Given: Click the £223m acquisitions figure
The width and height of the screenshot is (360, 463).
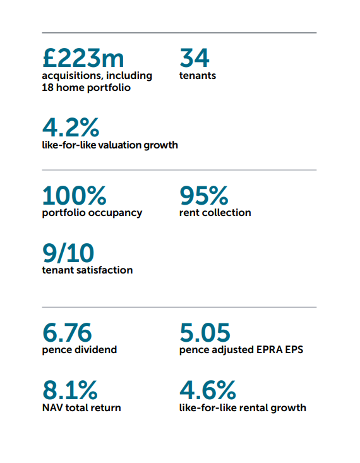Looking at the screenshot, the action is (x=83, y=58).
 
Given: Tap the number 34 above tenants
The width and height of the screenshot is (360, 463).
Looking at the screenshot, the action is (x=195, y=58).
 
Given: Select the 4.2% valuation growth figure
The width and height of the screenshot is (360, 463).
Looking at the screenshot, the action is (x=71, y=127).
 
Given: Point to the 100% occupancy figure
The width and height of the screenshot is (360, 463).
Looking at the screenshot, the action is (x=74, y=195).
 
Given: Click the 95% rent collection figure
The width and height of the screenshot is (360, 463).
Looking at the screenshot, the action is (x=204, y=195).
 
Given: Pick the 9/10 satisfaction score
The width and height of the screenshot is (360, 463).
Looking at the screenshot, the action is (x=68, y=253).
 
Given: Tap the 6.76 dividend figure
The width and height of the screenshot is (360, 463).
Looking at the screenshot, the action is (x=67, y=332).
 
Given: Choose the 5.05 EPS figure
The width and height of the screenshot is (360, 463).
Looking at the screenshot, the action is (x=205, y=332).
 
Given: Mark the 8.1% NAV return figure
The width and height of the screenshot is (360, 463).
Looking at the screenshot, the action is (x=70, y=390).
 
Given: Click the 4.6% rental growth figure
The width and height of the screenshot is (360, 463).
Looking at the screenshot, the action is (x=208, y=390).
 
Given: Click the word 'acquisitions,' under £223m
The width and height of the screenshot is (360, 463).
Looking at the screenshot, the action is (x=73, y=76).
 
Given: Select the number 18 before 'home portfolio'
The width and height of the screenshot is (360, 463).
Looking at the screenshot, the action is (x=47, y=87).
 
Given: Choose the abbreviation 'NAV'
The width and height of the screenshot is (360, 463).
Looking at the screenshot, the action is (x=52, y=408).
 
